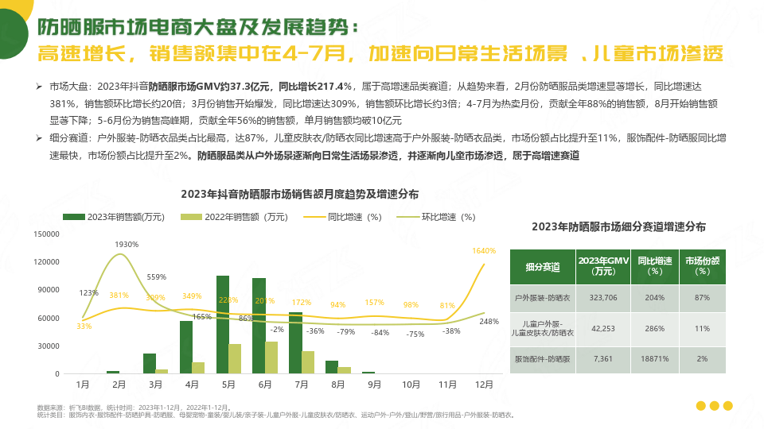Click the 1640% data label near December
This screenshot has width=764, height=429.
[484, 251]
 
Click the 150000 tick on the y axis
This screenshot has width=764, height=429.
[48, 234]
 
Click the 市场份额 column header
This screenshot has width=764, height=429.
[704, 266]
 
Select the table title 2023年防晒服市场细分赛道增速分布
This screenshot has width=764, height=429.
[618, 226]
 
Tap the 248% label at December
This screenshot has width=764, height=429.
[489, 322]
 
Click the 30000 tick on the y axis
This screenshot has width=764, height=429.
[50, 346]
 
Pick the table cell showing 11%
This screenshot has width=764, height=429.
[703, 328]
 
